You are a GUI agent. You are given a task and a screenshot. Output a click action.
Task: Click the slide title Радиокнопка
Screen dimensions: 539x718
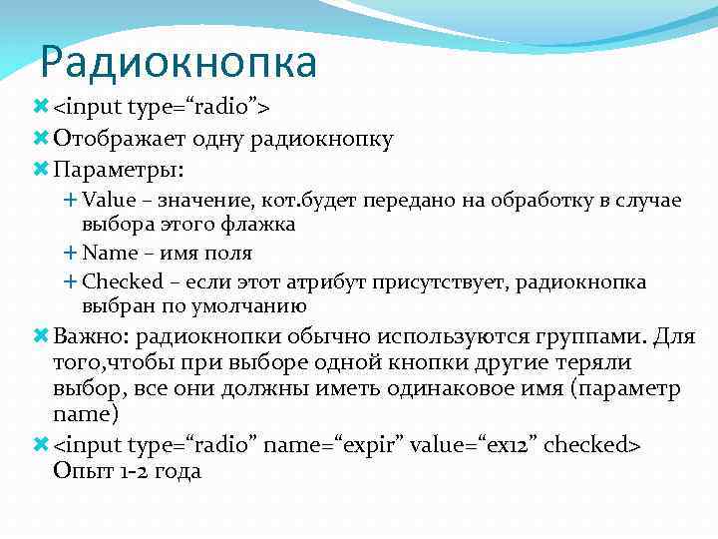[x=179, y=62]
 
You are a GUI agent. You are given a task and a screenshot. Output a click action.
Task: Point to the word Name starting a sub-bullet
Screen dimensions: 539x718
[x=110, y=253]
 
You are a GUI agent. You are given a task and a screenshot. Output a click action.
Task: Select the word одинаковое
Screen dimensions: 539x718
[x=458, y=388]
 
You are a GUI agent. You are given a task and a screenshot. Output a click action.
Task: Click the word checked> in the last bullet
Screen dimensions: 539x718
[x=592, y=443]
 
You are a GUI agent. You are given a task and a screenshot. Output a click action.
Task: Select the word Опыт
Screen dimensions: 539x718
[x=79, y=470]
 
